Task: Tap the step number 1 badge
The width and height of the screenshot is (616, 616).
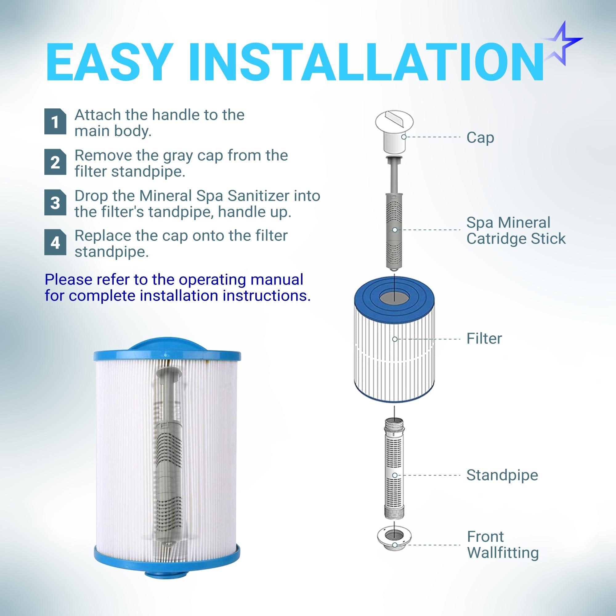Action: pyautogui.click(x=55, y=122)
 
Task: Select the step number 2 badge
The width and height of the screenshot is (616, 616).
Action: pyautogui.click(x=55, y=162)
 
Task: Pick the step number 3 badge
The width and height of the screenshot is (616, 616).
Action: pyautogui.click(x=55, y=202)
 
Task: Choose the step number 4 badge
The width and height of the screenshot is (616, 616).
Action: pyautogui.click(x=55, y=242)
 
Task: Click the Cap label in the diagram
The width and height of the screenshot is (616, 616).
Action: pyautogui.click(x=480, y=138)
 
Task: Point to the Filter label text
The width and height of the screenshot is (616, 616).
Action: pyautogui.click(x=484, y=338)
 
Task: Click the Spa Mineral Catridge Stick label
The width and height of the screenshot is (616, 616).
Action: pyautogui.click(x=516, y=230)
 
